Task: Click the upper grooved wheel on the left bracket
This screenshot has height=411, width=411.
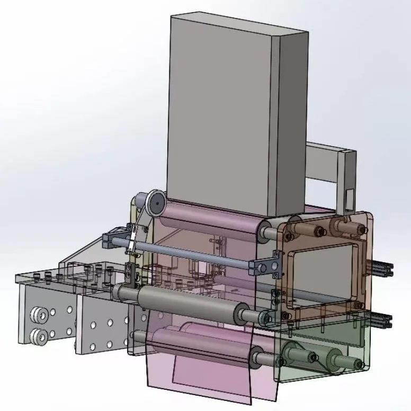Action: (39, 316)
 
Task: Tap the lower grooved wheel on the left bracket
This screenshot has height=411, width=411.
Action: (39, 335)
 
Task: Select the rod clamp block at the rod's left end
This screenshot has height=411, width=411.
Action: (115, 239)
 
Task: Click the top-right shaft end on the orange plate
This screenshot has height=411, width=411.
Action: (360, 228)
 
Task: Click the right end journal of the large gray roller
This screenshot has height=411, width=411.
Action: (263, 317)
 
